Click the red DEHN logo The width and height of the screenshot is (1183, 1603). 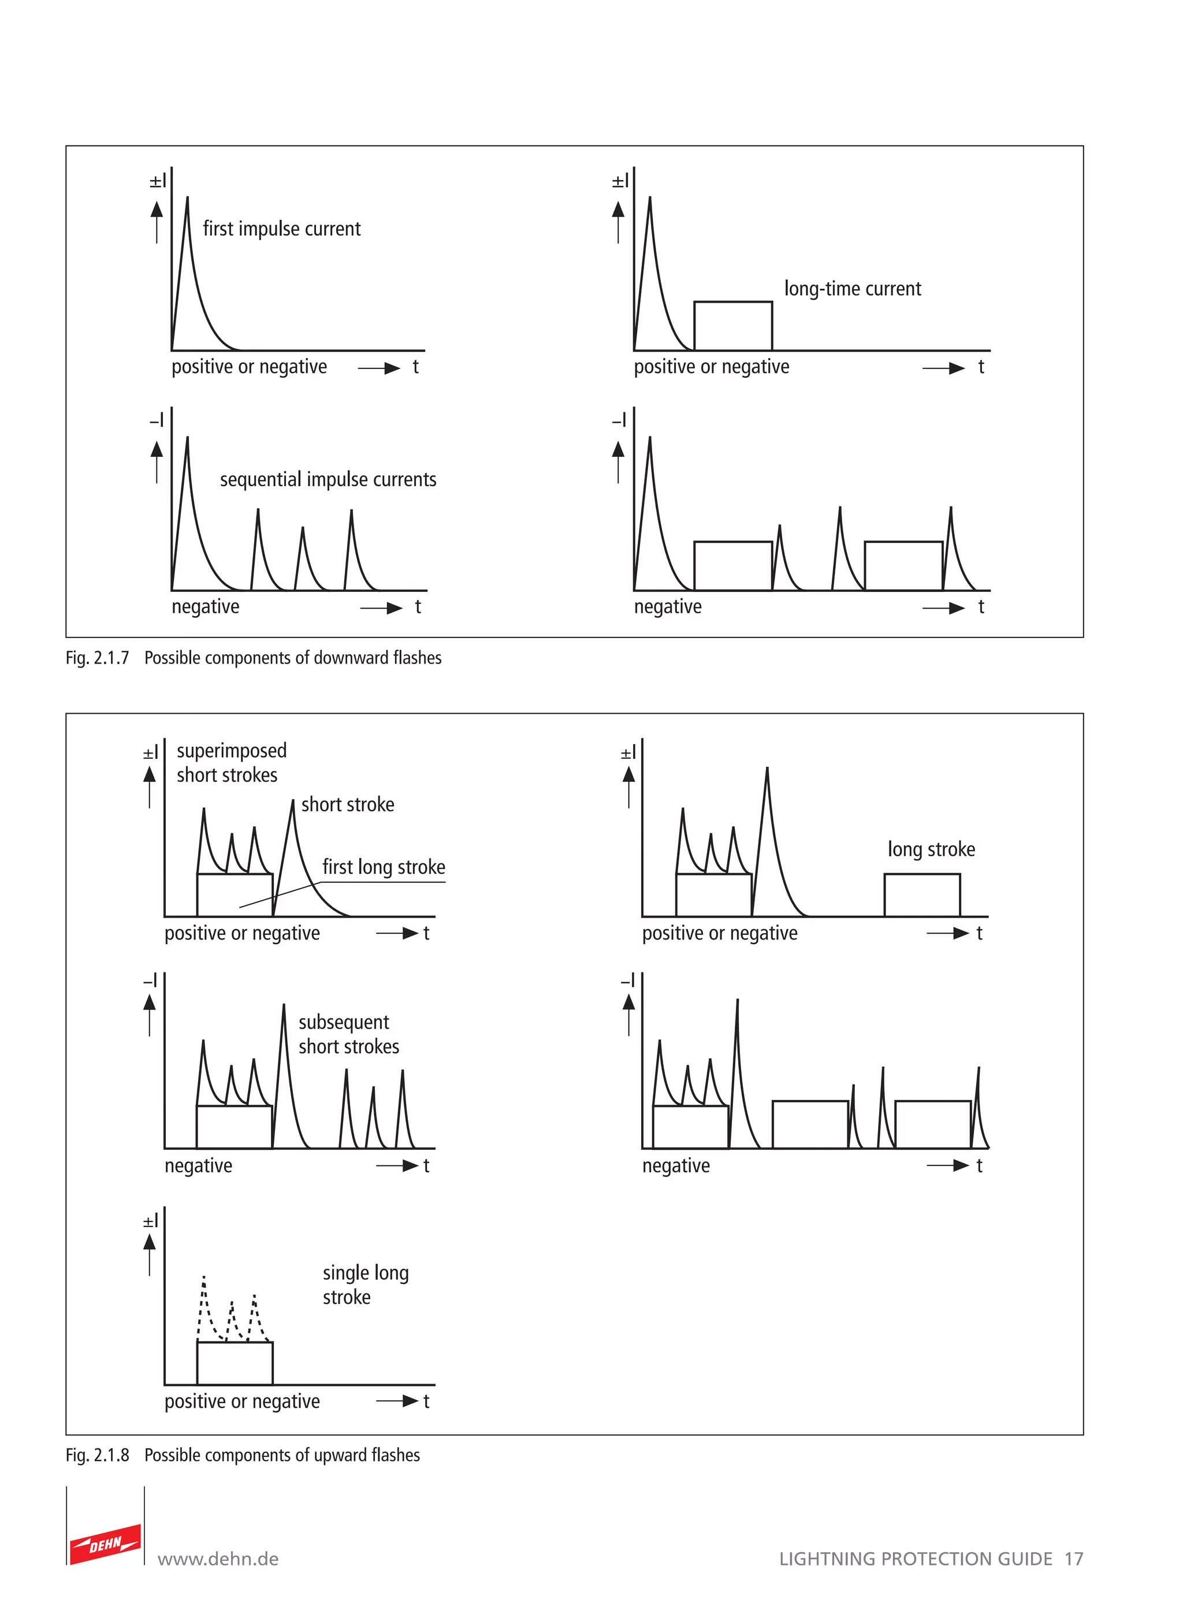pyautogui.click(x=105, y=1544)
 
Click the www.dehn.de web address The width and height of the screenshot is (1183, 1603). pyautogui.click(x=218, y=1559)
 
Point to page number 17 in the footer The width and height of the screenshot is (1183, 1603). pyautogui.click(x=1073, y=1559)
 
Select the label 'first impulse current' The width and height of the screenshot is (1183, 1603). pyautogui.click(x=281, y=229)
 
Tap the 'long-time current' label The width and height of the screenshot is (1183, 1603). pyautogui.click(x=852, y=289)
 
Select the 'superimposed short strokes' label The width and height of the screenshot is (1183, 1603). pyautogui.click(x=230, y=762)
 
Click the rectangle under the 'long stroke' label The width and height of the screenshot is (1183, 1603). pyautogui.click(x=922, y=895)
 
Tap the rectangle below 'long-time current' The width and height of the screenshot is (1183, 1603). pyautogui.click(x=732, y=326)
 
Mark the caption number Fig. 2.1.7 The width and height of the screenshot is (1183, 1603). pyautogui.click(x=98, y=658)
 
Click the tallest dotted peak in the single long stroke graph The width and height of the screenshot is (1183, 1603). pyautogui.click(x=204, y=1277)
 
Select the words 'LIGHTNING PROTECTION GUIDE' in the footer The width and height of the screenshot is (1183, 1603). pyautogui.click(x=915, y=1559)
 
